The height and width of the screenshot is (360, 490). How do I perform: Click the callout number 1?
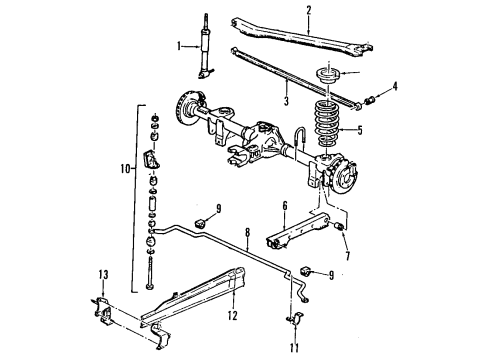(x=179, y=45)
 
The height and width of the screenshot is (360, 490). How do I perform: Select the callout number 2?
(x=309, y=11)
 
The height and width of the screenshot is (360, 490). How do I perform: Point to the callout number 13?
(x=102, y=275)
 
